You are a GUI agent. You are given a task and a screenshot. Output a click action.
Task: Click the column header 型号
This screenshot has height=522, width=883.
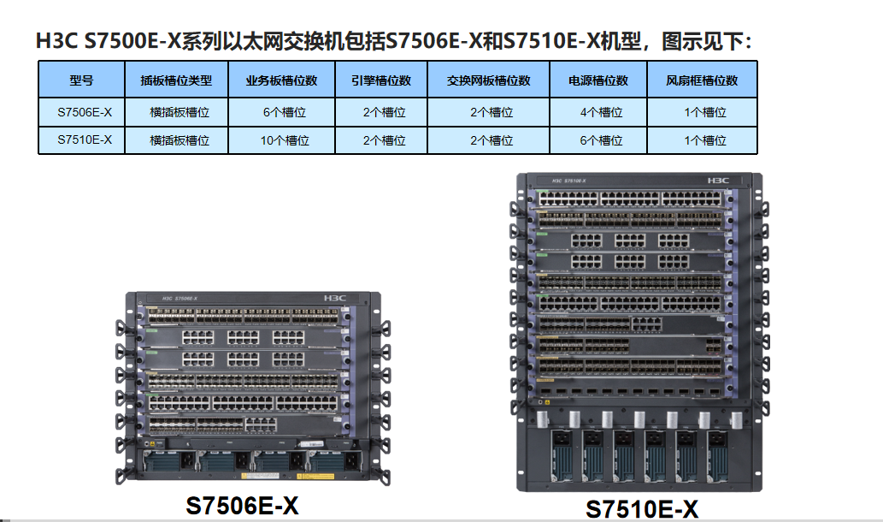(x=81, y=80)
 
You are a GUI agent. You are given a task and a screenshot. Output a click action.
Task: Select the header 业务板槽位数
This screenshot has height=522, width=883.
(x=281, y=80)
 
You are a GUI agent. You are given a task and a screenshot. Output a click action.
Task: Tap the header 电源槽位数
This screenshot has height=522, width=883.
(x=598, y=80)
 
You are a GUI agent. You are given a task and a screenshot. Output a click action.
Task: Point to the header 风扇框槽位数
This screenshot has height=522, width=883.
(x=702, y=80)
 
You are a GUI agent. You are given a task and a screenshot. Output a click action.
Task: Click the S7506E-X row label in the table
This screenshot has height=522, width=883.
(x=81, y=112)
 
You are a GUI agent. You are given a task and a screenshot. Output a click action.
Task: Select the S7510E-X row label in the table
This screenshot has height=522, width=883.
(x=81, y=140)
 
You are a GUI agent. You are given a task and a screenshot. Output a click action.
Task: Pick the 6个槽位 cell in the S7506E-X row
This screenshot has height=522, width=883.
(x=281, y=112)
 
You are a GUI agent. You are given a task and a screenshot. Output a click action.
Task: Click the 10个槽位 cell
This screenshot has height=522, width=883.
(x=281, y=140)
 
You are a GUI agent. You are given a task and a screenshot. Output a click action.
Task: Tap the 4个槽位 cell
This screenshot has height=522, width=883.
(x=598, y=112)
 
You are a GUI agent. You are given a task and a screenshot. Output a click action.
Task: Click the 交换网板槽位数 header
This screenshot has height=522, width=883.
(x=488, y=80)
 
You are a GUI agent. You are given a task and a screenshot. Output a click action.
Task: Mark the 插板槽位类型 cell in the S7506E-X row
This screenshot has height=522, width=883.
(x=176, y=112)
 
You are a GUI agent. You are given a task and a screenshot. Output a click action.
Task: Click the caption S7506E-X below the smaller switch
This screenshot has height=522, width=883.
(x=243, y=505)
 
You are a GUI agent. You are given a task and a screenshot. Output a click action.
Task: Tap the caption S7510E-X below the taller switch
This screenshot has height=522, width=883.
(x=641, y=508)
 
